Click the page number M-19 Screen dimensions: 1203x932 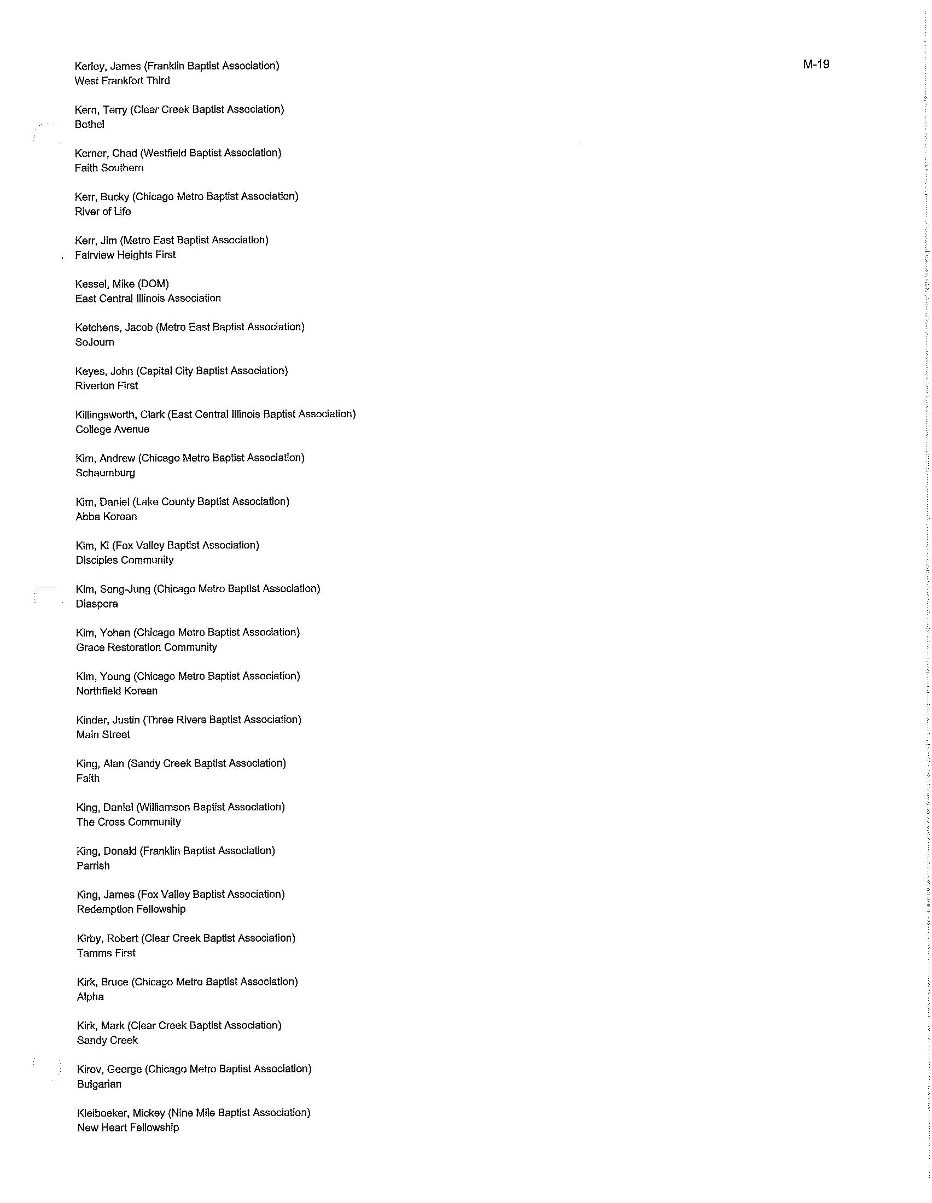(x=816, y=65)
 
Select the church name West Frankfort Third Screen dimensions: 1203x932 (x=123, y=81)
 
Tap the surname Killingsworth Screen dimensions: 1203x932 (x=106, y=414)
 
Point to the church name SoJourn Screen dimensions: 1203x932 (x=95, y=342)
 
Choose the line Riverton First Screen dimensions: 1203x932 (x=107, y=386)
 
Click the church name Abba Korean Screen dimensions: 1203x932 (x=106, y=517)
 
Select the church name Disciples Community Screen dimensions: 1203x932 (x=125, y=560)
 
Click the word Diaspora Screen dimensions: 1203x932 (x=97, y=604)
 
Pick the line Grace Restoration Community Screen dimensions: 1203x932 (x=147, y=647)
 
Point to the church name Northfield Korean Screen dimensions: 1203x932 (x=117, y=691)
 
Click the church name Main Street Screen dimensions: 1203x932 (x=103, y=734)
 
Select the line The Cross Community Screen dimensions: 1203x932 (x=129, y=822)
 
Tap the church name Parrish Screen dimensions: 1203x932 (x=93, y=866)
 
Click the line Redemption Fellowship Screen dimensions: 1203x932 (x=131, y=909)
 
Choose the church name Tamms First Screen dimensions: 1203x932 (x=106, y=953)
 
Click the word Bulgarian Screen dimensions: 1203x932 (x=99, y=1084)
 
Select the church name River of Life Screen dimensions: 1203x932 (x=103, y=212)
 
